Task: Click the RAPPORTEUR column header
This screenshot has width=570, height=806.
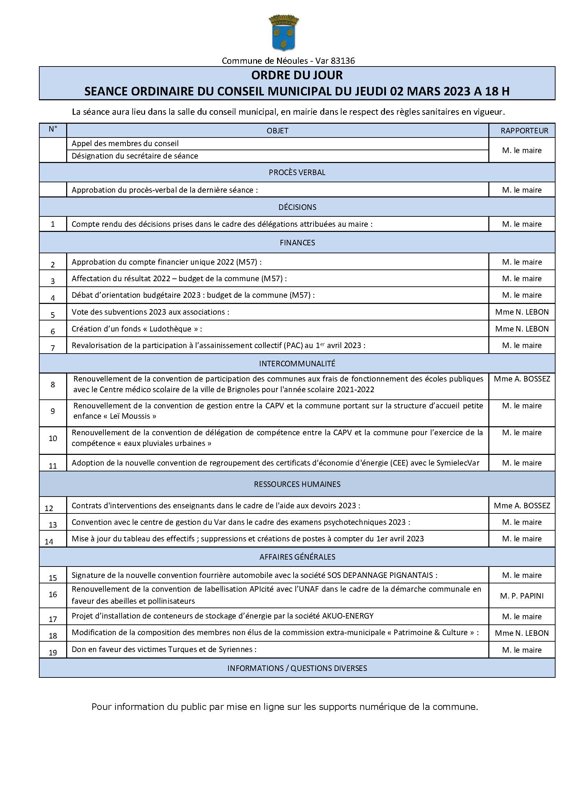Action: tap(524, 131)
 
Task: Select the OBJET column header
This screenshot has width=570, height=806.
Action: tap(277, 131)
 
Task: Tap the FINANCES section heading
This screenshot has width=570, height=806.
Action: tap(297, 243)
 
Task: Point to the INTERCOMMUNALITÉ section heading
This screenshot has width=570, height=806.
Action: tap(297, 363)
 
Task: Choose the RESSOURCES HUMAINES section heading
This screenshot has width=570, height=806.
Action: tap(297, 484)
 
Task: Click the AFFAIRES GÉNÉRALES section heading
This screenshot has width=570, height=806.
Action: tap(297, 557)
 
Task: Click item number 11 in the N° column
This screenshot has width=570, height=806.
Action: tap(53, 466)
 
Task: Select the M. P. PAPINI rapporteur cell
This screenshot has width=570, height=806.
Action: tap(521, 596)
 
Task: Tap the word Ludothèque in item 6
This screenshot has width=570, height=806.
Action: tap(170, 329)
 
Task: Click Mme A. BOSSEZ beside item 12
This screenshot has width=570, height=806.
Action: tap(521, 506)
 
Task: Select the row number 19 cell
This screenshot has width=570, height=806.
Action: tap(53, 653)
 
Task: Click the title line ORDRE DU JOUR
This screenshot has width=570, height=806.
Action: tap(297, 75)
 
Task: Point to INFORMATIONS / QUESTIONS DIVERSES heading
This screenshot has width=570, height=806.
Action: tap(297, 668)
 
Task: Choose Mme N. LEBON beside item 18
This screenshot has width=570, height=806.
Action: tap(521, 633)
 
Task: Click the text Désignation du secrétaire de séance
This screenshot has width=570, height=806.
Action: tap(135, 156)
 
